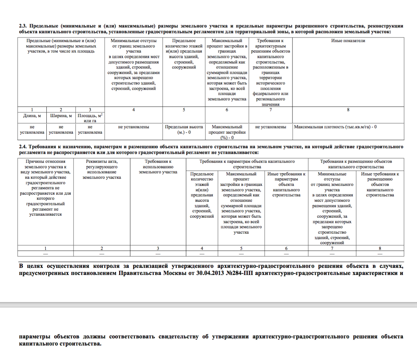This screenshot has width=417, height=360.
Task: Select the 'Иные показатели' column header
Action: click(348, 41)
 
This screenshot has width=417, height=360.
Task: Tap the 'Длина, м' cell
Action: click(32, 116)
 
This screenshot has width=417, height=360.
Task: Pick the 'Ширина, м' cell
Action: click(61, 116)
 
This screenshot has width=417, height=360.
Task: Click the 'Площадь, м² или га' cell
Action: click(90, 118)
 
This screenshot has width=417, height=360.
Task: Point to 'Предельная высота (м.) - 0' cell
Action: click(184, 129)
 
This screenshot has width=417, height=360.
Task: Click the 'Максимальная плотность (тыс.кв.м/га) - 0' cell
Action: click(335, 127)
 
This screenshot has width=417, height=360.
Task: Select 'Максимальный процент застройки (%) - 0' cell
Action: click(227, 132)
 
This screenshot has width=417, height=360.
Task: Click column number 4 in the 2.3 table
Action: click(134, 110)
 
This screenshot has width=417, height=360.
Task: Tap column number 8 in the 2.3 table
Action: click(348, 110)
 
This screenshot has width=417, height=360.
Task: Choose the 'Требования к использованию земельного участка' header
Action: click(158, 167)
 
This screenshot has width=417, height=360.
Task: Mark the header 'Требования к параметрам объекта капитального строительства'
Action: click(247, 164)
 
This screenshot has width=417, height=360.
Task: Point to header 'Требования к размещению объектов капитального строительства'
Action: click(356, 164)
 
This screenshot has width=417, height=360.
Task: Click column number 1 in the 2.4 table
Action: click(45, 248)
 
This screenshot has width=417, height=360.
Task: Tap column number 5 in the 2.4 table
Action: click(241, 248)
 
